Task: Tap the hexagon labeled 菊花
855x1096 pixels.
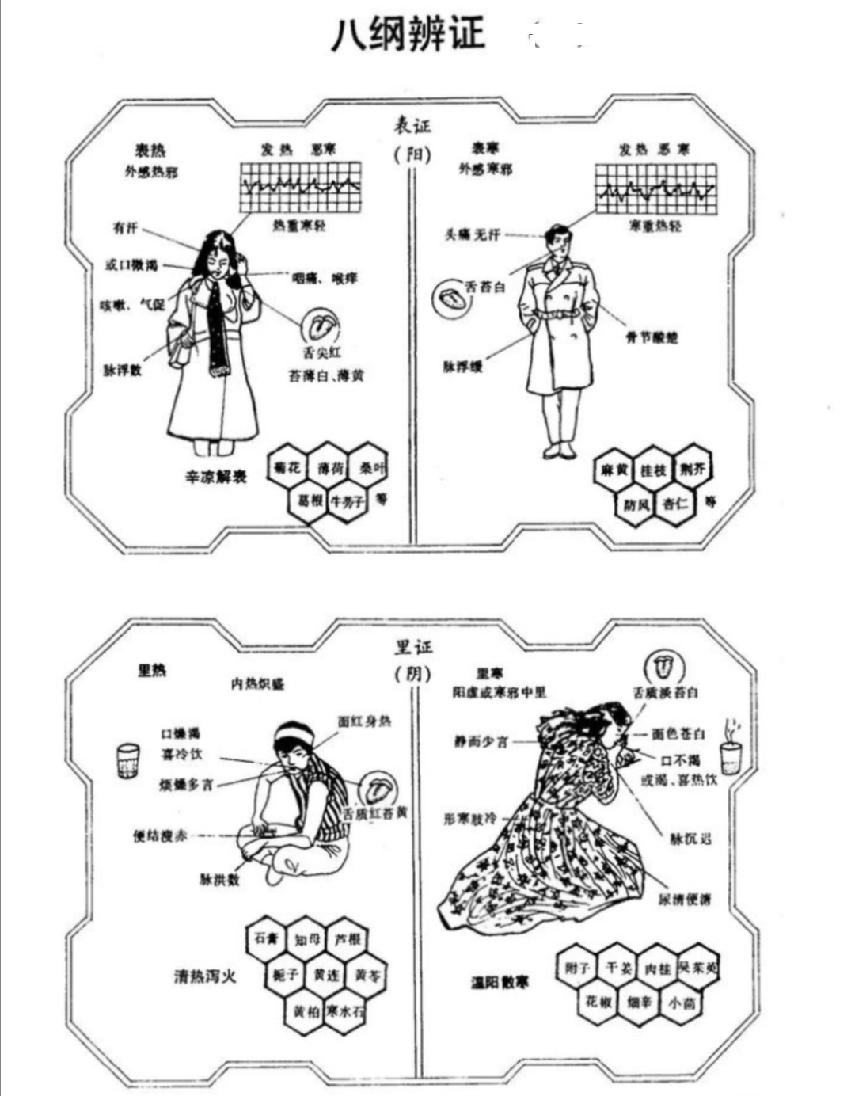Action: tap(287, 468)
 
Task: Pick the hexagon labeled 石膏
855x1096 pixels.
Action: tap(266, 939)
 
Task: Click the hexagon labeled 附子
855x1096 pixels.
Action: tap(577, 968)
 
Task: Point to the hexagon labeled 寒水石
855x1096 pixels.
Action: tap(346, 1011)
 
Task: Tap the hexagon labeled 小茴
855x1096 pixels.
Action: tap(681, 1003)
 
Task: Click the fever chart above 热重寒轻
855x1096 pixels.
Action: tap(300, 187)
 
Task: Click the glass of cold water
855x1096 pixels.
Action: tap(127, 760)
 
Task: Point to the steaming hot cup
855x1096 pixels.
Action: tap(730, 752)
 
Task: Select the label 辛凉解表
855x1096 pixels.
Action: tap(215, 477)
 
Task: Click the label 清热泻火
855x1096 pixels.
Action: tap(205, 976)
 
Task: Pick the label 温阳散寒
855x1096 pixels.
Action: tap(500, 983)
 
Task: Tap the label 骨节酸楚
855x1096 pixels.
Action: tap(651, 338)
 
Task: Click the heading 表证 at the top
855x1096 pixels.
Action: tap(413, 126)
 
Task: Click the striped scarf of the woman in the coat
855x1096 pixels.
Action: tap(217, 325)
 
